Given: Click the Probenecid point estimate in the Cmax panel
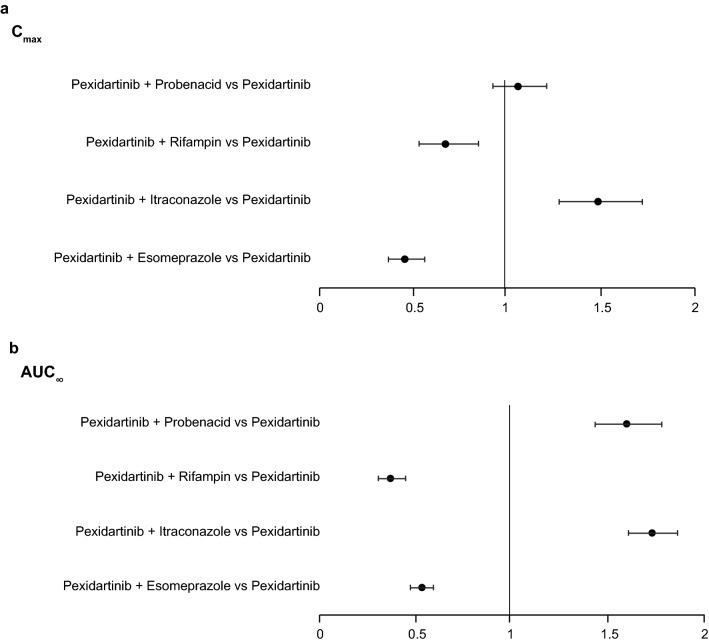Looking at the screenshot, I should [x=518, y=86].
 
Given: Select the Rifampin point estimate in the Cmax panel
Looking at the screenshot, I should [x=445, y=144].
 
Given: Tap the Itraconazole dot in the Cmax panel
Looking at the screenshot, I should [x=598, y=201].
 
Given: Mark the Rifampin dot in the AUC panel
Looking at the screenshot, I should [x=390, y=478].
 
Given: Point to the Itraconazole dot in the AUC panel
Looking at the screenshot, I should [x=652, y=533].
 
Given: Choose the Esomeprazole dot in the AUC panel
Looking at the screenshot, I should [x=421, y=588].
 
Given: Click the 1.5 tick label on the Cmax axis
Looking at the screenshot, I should [x=600, y=305].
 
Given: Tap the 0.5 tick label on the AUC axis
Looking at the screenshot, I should [x=415, y=632].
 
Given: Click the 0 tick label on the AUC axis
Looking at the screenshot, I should [x=320, y=632].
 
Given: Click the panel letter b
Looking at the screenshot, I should [x=13, y=348].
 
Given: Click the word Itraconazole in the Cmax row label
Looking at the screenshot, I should [x=190, y=201].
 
